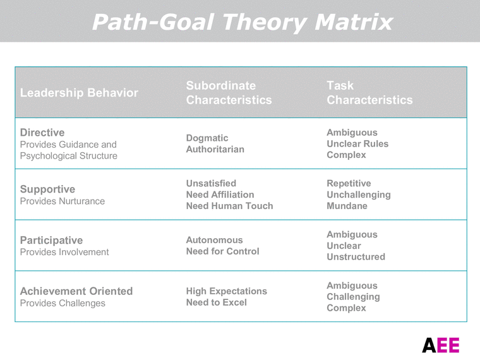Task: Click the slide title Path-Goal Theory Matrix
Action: point(243,22)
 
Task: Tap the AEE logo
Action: point(441,345)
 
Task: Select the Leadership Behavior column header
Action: point(79,93)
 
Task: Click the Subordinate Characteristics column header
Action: point(229,93)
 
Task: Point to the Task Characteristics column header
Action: point(369,93)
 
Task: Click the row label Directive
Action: point(42,133)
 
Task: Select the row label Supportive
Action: point(47,189)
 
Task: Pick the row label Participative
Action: point(51,240)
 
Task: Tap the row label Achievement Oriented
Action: point(76,291)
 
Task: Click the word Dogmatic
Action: point(207,138)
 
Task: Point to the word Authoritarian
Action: point(215,150)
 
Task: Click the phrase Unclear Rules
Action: point(357,144)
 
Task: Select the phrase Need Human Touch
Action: point(229,206)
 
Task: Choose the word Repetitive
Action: point(349,183)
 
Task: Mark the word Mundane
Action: point(347,206)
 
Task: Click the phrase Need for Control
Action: point(222,251)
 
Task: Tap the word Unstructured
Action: point(356,257)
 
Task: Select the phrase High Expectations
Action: point(226,291)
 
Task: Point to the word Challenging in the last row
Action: point(353,297)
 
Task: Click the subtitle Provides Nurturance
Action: point(63,201)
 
